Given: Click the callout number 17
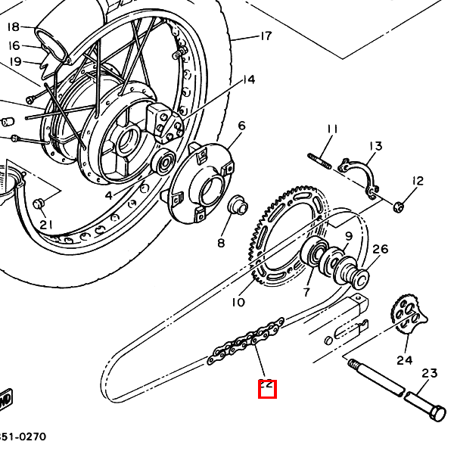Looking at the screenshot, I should (265, 36).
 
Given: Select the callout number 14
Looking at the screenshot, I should (248, 80).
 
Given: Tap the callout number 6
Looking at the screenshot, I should (241, 126).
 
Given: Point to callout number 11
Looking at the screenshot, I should (331, 129).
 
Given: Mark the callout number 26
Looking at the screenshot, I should (380, 249).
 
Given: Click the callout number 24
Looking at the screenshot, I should (405, 360).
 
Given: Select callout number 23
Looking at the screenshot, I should (430, 373).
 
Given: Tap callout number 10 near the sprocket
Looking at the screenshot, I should (238, 303).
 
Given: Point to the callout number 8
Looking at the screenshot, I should (222, 243).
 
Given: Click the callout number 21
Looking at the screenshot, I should (46, 224).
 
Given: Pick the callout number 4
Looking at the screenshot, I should (108, 195).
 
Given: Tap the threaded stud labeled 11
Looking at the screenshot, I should (320, 161).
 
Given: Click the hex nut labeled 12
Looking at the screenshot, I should (400, 205).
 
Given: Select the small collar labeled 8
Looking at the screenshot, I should (237, 205).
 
